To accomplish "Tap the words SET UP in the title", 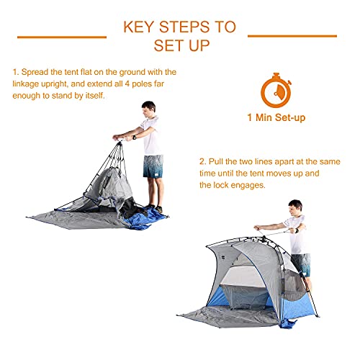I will click(180, 46).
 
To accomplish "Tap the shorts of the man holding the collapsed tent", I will click(153, 165).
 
